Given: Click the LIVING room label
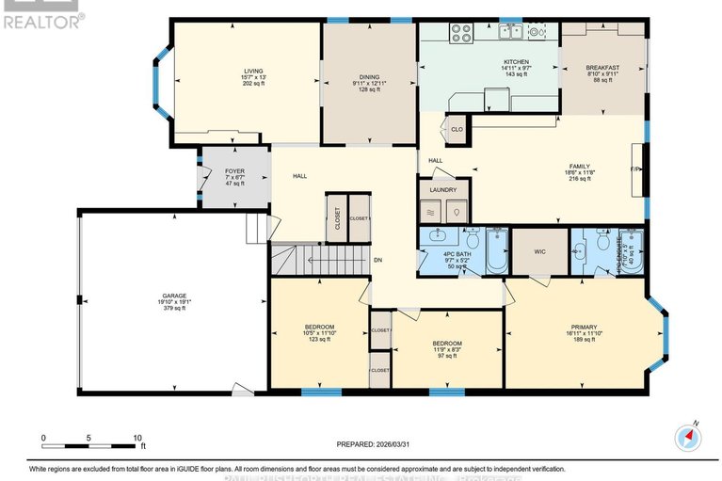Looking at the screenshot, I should click(253, 70).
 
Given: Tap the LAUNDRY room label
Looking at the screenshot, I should click(442, 190).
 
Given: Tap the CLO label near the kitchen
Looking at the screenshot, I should click(457, 129).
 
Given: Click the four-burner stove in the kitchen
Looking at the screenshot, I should click(461, 34).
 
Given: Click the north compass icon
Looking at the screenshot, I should click(688, 437).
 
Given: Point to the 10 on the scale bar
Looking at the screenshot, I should click(136, 439).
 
